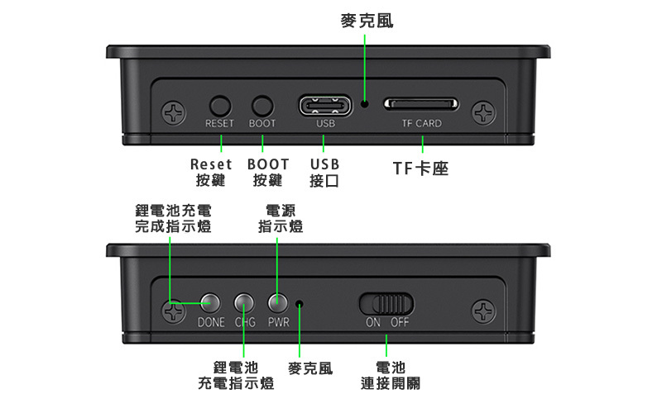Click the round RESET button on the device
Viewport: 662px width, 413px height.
tap(220, 106)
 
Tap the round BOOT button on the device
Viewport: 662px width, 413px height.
tap(262, 106)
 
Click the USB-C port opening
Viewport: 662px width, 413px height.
tap(325, 106)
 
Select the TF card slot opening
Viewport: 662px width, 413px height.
tap(421, 104)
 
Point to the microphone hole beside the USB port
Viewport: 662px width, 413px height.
tap(364, 104)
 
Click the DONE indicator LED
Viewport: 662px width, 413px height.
tap(210, 302)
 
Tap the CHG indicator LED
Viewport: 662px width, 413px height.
tap(244, 302)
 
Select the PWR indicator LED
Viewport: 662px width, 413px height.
tap(277, 302)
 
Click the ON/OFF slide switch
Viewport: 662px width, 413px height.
tap(386, 303)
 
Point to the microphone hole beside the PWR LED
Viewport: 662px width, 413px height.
tap(300, 303)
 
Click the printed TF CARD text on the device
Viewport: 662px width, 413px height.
tap(422, 123)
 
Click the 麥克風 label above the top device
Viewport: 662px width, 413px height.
tap(367, 21)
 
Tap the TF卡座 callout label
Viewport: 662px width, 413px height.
tap(420, 169)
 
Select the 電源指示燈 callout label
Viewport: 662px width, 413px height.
tap(281, 219)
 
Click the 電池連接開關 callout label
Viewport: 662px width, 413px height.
tap(391, 376)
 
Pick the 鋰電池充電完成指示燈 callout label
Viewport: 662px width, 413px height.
tap(173, 219)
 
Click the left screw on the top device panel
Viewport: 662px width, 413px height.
tap(174, 113)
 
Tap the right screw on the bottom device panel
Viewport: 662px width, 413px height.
tap(484, 311)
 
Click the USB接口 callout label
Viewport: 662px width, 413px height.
tap(324, 173)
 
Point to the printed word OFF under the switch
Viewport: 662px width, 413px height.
tap(400, 322)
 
